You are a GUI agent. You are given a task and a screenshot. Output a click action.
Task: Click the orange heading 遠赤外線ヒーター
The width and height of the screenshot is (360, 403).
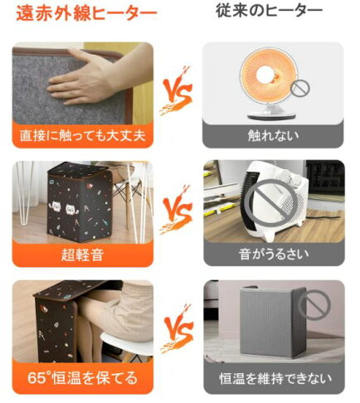(x=83, y=14)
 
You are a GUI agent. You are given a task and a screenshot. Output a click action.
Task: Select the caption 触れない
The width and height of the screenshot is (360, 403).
(x=273, y=134)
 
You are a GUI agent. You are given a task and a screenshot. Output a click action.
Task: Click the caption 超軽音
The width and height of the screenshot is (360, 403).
(x=82, y=252)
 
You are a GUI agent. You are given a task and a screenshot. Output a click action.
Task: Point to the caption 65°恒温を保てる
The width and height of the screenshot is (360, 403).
(x=82, y=378)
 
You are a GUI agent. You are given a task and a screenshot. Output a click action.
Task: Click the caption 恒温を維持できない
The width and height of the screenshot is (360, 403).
(x=273, y=379)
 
